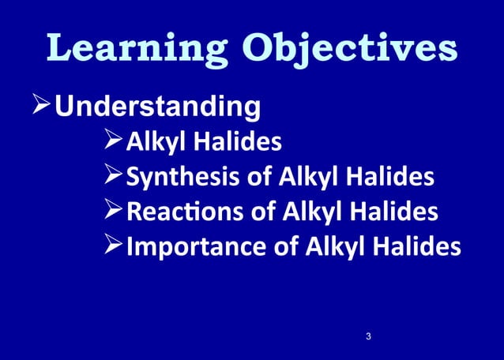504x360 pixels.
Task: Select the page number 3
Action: coord(368,337)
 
